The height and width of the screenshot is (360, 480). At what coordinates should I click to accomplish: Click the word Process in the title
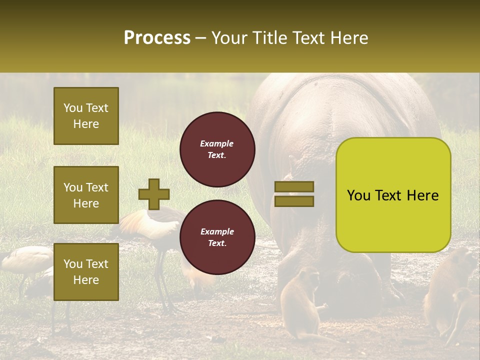157,38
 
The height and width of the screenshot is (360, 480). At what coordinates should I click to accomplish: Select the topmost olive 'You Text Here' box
86,116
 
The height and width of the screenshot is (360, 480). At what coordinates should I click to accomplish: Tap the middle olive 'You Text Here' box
86,195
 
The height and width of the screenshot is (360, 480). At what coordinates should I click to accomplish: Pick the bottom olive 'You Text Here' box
86,271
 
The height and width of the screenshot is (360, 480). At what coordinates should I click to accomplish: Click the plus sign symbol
154,194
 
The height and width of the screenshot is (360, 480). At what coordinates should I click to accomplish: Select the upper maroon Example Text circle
217,149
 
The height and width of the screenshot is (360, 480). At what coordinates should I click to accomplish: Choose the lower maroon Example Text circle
217,237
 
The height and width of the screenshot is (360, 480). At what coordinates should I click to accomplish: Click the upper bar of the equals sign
294,186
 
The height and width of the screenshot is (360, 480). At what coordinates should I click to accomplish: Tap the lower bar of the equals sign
294,201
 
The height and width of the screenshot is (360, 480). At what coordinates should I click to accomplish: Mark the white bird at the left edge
22,260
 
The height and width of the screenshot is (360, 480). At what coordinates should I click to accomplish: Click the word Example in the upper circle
217,143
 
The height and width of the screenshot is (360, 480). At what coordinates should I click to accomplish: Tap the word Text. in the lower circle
217,243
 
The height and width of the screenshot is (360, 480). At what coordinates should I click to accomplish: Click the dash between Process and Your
201,38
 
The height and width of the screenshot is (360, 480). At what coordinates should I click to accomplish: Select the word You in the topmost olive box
73,108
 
